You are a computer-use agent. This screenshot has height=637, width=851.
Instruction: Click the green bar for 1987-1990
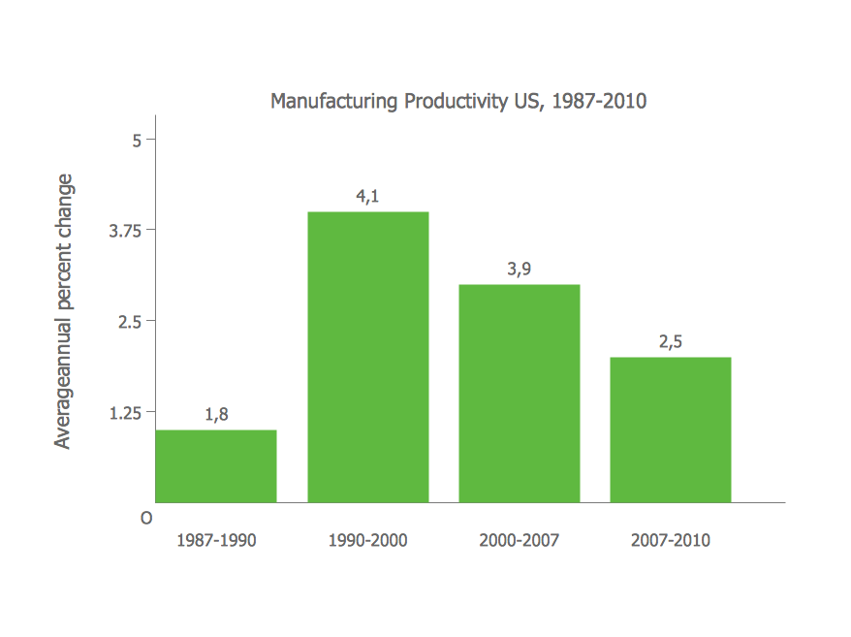(x=216, y=466)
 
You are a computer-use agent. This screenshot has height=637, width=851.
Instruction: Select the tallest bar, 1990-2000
(x=367, y=357)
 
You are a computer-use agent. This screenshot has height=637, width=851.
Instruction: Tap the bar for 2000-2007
(x=519, y=393)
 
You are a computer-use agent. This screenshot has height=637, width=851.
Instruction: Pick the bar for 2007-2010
(x=670, y=430)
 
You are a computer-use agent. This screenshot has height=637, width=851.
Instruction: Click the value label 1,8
(x=216, y=414)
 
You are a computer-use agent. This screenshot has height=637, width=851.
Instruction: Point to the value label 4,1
(x=367, y=196)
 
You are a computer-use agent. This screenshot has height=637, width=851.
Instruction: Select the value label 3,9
(x=519, y=269)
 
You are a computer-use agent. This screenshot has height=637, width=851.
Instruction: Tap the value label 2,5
(x=670, y=341)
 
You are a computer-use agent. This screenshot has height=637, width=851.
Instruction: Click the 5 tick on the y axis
(x=138, y=140)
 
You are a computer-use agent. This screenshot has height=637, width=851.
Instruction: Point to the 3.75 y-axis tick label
(x=125, y=231)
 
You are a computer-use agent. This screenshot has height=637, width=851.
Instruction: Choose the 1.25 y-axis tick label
(x=125, y=413)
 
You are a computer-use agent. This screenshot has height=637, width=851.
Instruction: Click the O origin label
(x=146, y=519)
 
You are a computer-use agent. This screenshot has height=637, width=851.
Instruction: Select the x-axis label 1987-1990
(x=216, y=540)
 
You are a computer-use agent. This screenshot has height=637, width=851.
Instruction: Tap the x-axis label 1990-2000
(x=367, y=540)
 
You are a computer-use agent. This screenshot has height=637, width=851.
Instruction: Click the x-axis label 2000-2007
(x=519, y=540)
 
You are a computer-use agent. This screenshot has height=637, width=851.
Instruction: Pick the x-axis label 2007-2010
(x=670, y=540)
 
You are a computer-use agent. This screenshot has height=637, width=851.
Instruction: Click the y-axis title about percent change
(x=64, y=311)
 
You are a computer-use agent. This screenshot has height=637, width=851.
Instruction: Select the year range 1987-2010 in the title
(x=599, y=101)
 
